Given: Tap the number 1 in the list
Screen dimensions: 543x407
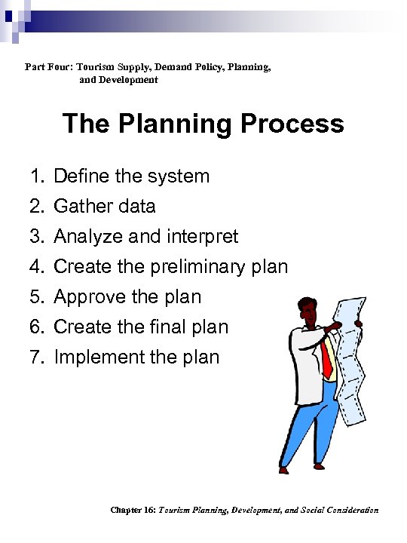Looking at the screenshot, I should point(35,176).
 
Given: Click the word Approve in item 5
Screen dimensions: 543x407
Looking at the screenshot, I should point(90,296).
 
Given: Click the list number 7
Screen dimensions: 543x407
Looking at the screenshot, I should point(35,357).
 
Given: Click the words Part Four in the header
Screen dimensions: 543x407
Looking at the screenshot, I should point(47,67).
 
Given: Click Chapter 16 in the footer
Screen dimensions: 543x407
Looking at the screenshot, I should point(133,511).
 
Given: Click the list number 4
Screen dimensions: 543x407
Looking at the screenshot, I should point(35,266).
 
